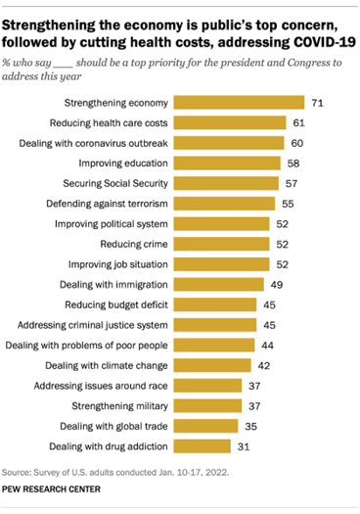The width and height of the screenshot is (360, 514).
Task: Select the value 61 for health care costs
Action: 299,122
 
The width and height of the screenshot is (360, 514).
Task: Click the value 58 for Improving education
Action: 294,163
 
